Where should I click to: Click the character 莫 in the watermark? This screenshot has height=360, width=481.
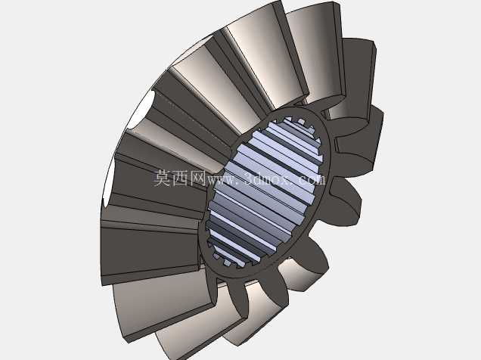pos(162,178)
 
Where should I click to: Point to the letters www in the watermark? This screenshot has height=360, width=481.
pos(222,180)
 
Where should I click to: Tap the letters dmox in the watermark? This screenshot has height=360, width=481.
pos(272,179)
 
